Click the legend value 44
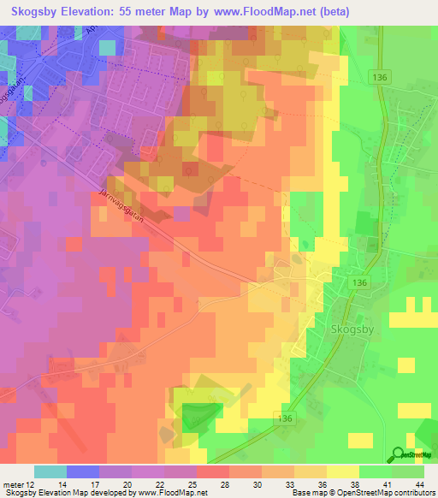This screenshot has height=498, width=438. pyautogui.click(x=418, y=483)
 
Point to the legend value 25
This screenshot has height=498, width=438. pyautogui.click(x=192, y=483)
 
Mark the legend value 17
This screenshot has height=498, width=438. pyautogui.click(x=94, y=483)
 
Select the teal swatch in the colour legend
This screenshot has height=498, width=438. pyautogui.click(x=50, y=471)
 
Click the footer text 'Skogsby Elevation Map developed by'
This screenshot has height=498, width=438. pyautogui.click(x=64, y=493)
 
